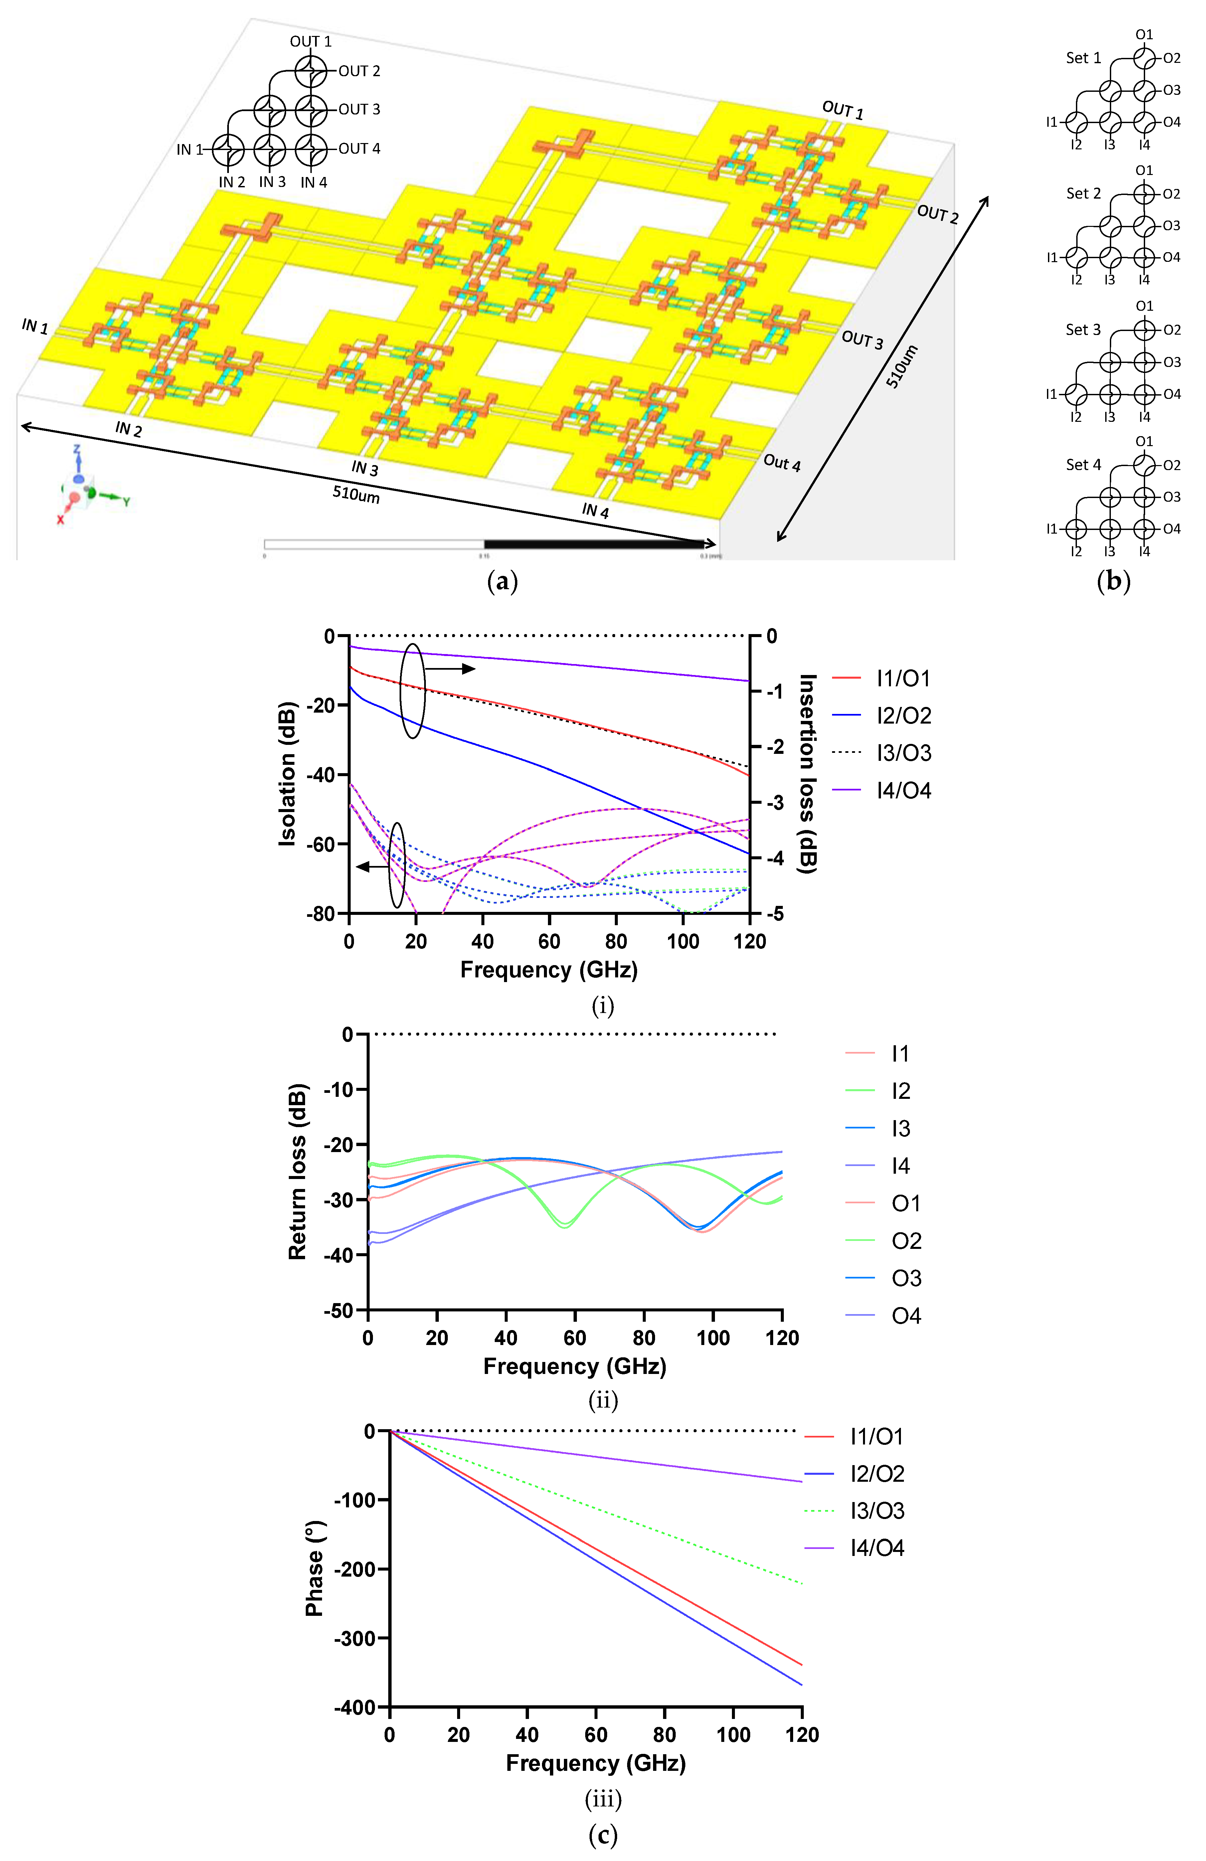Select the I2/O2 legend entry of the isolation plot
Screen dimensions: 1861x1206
(903, 716)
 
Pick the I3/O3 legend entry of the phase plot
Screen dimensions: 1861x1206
(877, 1511)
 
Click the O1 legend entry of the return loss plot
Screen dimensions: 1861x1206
(906, 1203)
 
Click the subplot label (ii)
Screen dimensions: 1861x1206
(602, 1401)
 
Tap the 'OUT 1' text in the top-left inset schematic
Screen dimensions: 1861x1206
(310, 42)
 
